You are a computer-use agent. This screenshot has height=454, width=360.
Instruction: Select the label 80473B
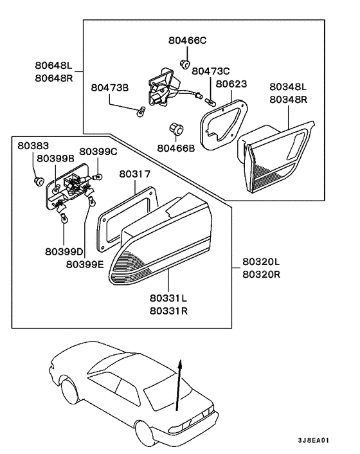coord(110,87)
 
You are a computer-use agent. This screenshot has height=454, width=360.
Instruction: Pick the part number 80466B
coord(175,147)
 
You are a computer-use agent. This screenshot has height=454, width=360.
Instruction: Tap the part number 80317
coord(134,174)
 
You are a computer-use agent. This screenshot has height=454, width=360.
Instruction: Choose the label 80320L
coord(261,262)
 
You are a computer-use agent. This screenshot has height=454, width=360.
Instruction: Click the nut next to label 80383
coord(38,179)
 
